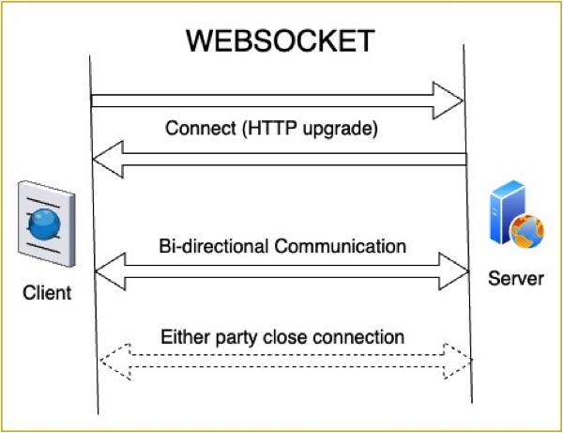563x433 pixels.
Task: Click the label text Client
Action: click(x=47, y=294)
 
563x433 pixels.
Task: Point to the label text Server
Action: click(x=515, y=279)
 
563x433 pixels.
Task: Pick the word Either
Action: click(x=182, y=335)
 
